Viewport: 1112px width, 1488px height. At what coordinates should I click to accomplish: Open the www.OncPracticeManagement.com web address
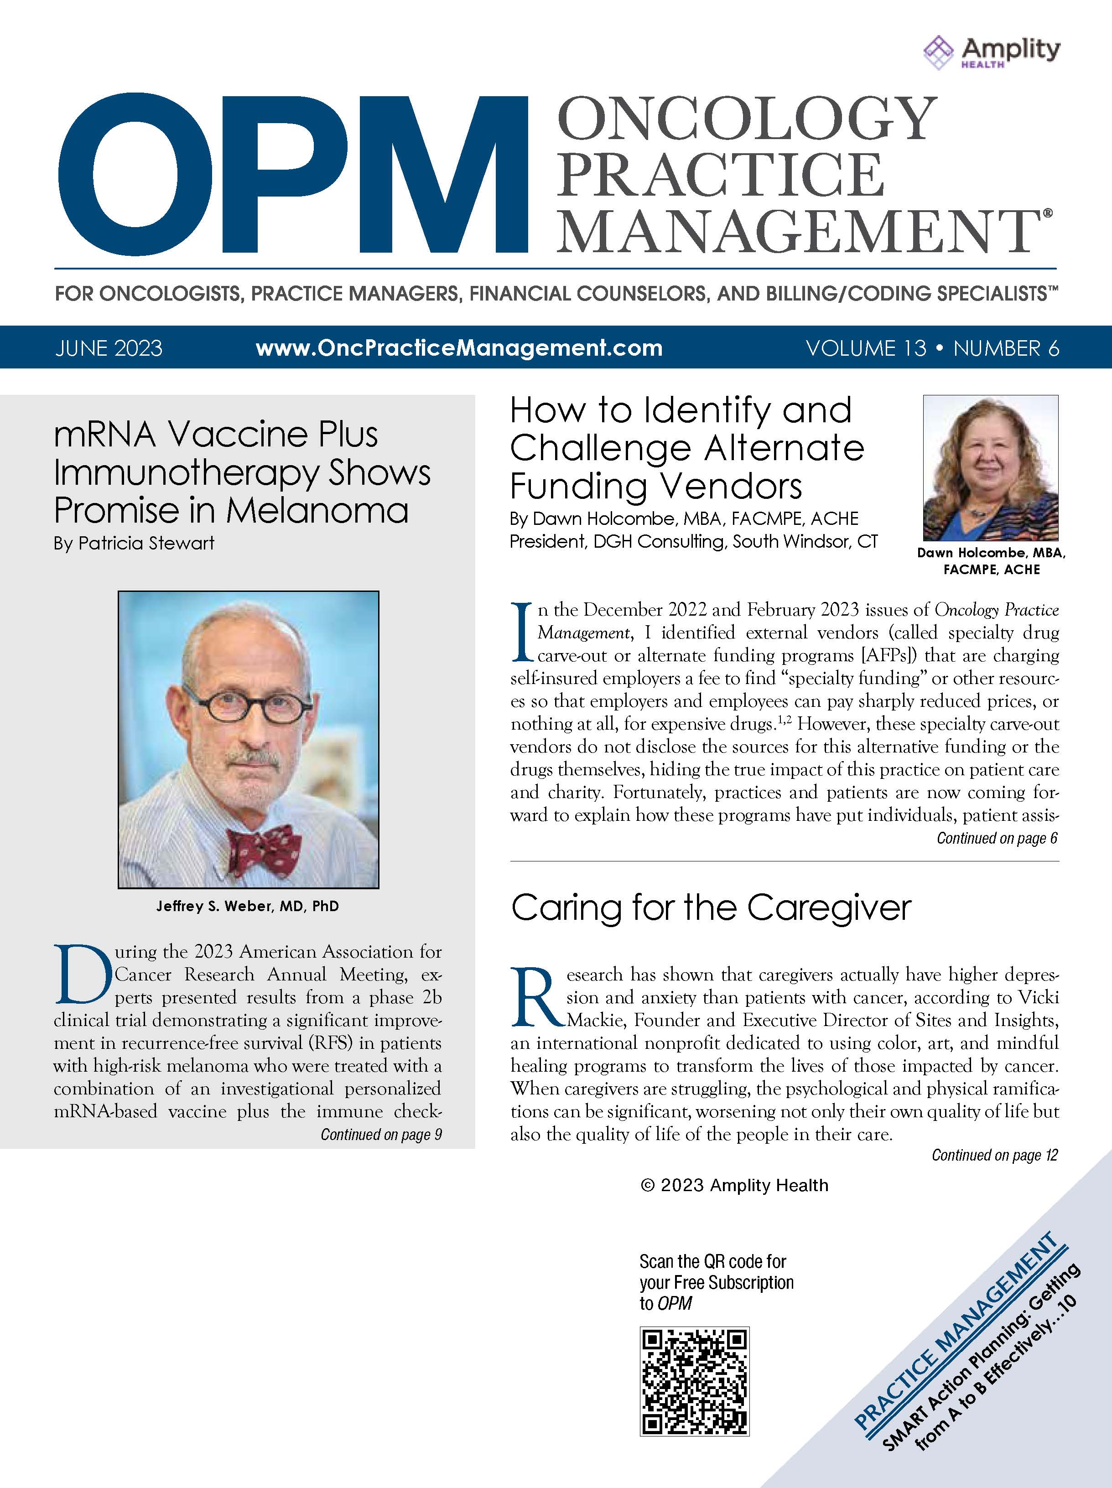click(459, 348)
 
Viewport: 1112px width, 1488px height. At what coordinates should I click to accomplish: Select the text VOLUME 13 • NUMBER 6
click(932, 348)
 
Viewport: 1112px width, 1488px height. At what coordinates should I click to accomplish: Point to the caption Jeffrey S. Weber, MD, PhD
click(248, 906)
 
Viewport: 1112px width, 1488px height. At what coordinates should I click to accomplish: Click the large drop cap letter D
click(81, 975)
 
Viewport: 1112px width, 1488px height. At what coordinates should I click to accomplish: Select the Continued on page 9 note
click(381, 1135)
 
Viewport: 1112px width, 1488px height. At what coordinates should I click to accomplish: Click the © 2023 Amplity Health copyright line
click(734, 1185)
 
